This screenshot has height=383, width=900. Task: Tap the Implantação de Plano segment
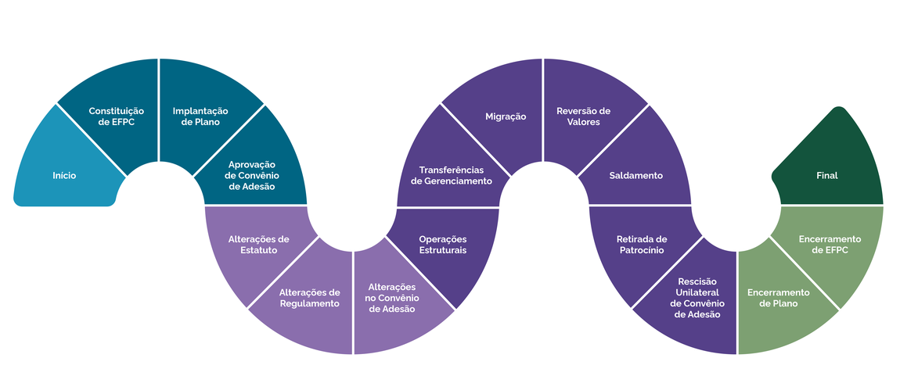pos(196,116)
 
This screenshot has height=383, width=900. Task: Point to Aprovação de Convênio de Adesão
pos(251,175)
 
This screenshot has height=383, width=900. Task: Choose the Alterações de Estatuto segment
pos(259,244)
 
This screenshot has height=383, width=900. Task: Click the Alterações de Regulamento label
pos(309,298)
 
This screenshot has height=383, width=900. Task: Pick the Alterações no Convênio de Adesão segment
pos(392,298)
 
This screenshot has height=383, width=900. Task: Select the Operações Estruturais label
pos(442,244)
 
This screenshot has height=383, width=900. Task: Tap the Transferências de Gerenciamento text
pos(452,175)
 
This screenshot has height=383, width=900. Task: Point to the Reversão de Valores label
pos(583,116)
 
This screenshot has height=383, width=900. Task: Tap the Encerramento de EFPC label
pos(830,244)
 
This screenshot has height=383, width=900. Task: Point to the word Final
pos(826,176)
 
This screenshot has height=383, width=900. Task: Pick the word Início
pos(64,176)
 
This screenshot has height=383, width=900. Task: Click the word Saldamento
pos(636,175)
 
